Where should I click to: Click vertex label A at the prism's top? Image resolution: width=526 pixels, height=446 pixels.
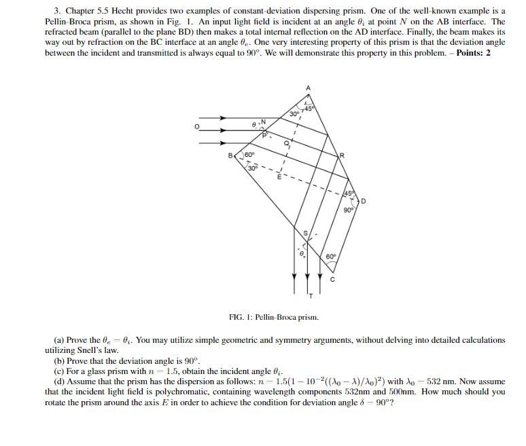307,88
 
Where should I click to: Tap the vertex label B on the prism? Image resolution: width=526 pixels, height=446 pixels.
231,155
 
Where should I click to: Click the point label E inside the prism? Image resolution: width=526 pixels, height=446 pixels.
277,178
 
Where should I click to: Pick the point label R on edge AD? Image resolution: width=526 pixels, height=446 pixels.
342,155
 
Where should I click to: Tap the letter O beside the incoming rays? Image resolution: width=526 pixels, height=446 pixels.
198,127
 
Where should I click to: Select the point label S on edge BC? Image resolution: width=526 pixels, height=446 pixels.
305,234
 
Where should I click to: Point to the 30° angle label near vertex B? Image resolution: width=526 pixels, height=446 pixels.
252,168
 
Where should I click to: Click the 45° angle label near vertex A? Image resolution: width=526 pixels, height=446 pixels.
309,109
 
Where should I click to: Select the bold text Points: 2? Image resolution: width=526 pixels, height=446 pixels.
474,52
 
